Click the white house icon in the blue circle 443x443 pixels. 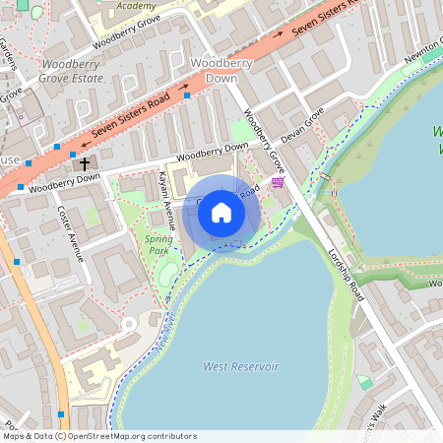tap(221, 213)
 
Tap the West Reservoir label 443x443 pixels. tap(241, 366)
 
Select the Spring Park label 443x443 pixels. tap(158, 244)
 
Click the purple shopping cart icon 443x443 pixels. tap(278, 181)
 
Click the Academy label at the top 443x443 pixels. tap(136, 6)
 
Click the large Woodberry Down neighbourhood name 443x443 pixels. tap(215, 70)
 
